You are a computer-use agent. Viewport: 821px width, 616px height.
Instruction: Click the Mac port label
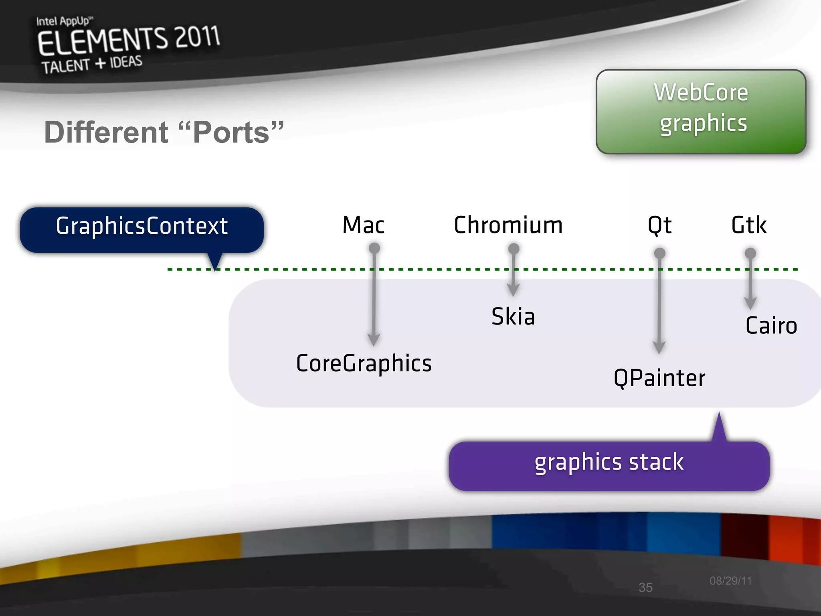pyautogui.click(x=363, y=225)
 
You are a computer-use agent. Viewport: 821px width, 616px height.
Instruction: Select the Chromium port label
pyautogui.click(x=508, y=225)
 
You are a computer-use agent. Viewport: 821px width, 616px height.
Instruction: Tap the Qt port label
pyautogui.click(x=659, y=225)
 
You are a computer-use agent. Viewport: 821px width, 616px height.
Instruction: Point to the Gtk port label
pyautogui.click(x=748, y=225)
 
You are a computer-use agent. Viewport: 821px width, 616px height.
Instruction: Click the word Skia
pyautogui.click(x=513, y=316)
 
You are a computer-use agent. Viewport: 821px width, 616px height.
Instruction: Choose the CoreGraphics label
pyautogui.click(x=364, y=363)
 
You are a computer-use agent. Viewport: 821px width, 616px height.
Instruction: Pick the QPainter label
pyautogui.click(x=659, y=378)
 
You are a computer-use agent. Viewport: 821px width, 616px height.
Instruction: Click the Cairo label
pyautogui.click(x=771, y=325)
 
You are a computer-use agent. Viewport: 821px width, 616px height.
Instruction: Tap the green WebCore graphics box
pyautogui.click(x=701, y=111)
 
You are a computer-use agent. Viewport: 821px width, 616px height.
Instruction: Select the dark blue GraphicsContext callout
pyautogui.click(x=142, y=230)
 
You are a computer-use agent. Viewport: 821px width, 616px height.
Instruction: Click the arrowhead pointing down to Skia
pyautogui.click(x=513, y=290)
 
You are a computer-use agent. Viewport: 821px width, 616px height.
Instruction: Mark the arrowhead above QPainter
pyautogui.click(x=659, y=347)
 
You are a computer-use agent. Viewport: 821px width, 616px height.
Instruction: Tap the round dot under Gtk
pyautogui.click(x=750, y=253)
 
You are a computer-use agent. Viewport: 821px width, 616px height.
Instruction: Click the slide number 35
pyautogui.click(x=645, y=588)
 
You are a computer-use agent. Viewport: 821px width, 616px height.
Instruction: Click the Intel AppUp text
pyautogui.click(x=64, y=21)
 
